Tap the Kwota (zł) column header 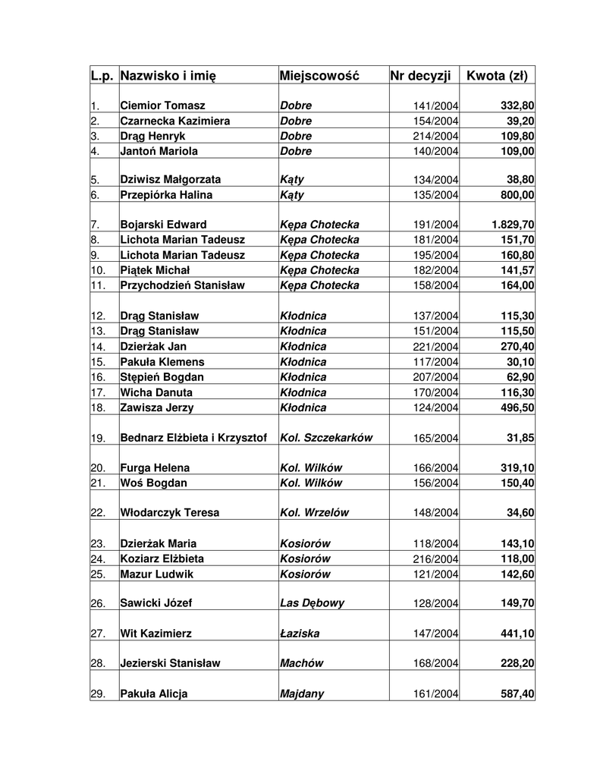pos(497,76)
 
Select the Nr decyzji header pos(420,76)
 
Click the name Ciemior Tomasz pos(162,105)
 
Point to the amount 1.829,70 pos(512,225)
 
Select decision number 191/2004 pos(435,225)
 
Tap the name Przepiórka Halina pos(166,195)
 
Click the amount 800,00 pos(516,195)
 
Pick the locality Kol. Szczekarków pos(326,438)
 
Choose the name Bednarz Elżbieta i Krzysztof pos(193,438)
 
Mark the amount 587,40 pos(516,694)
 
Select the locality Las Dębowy pos(313,603)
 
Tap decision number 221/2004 pos(435,347)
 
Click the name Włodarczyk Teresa pos(170,513)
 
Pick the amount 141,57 pos(516,270)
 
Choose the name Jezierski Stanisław pos(171,663)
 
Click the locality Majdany pos(302,694)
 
